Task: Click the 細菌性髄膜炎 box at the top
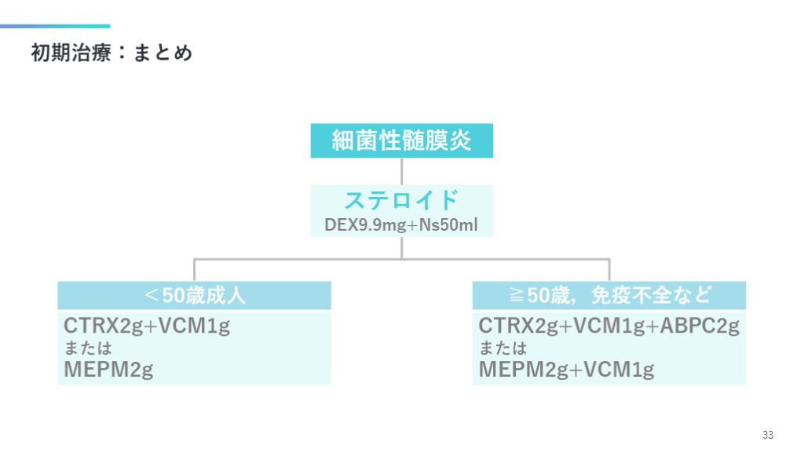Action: pyautogui.click(x=401, y=141)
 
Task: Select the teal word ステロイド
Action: pyautogui.click(x=401, y=199)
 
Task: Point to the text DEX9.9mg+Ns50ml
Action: pyautogui.click(x=401, y=224)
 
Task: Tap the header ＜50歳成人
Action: pyautogui.click(x=195, y=295)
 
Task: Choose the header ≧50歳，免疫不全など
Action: pyautogui.click(x=608, y=295)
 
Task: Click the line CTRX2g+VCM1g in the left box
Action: pyautogui.click(x=147, y=326)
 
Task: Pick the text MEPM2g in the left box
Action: pyautogui.click(x=108, y=369)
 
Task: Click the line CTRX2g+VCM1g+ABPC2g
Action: pyautogui.click(x=609, y=326)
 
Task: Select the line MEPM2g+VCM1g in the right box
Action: pyautogui.click(x=566, y=369)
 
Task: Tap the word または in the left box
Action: pyautogui.click(x=88, y=348)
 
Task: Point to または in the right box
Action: pyautogui.click(x=502, y=348)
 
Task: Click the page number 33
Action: pyautogui.click(x=767, y=435)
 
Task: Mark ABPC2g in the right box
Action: pyautogui.click(x=700, y=326)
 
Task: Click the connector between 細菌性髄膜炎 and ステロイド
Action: pyautogui.click(x=402, y=171)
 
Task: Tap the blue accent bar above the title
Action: pyautogui.click(x=55, y=26)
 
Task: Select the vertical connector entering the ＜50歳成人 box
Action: pyautogui.click(x=195, y=269)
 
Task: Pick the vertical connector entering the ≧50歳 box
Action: pyautogui.click(x=609, y=269)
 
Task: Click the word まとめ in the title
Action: pyautogui.click(x=163, y=53)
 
